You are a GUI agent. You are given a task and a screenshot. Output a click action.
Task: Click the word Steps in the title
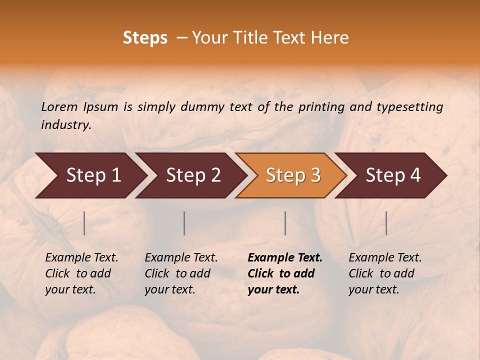point(145,38)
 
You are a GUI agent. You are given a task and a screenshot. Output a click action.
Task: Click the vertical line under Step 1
point(84,223)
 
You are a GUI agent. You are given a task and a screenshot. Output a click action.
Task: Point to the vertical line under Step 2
point(184,223)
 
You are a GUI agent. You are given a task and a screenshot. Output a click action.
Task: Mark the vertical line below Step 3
point(285,223)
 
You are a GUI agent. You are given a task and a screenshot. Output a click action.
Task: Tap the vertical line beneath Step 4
point(386,223)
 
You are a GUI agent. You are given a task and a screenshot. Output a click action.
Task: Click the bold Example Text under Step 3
point(285,273)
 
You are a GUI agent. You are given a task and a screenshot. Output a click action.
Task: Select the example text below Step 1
point(81,273)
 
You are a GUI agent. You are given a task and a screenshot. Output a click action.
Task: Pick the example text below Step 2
point(181,273)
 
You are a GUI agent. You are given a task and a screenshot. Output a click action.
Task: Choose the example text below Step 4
point(385,273)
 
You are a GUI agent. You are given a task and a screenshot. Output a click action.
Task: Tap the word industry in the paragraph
point(65,125)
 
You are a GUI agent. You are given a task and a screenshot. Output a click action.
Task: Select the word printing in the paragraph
point(321,107)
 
